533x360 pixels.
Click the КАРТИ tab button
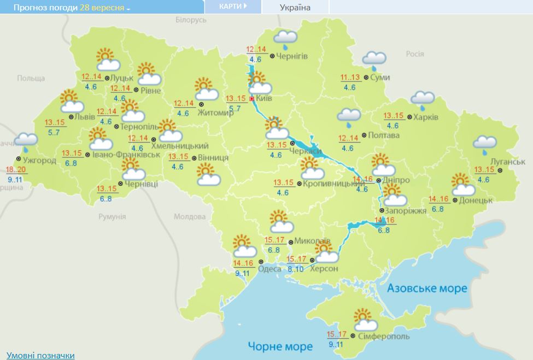(232, 7)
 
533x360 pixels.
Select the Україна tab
(295, 8)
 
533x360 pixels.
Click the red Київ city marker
(251, 99)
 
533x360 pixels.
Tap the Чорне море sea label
(280, 346)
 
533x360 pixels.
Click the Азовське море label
(427, 288)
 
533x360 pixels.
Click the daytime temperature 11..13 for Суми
(350, 77)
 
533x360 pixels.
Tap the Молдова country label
(190, 216)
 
